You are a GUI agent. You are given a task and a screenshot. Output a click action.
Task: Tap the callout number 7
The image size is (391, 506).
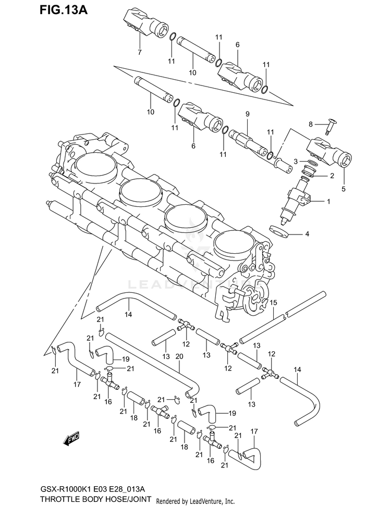[139, 52]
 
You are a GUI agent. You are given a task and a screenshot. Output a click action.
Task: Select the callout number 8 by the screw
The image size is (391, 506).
[311, 124]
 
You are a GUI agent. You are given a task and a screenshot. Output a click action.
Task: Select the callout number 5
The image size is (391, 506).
[343, 188]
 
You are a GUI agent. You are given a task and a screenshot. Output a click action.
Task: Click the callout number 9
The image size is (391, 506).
[248, 114]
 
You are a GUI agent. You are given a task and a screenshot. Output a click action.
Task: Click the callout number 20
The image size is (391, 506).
[179, 356]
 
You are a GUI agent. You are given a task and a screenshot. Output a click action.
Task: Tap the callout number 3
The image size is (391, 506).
[295, 162]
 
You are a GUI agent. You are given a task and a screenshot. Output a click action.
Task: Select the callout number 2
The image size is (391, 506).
[331, 176]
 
